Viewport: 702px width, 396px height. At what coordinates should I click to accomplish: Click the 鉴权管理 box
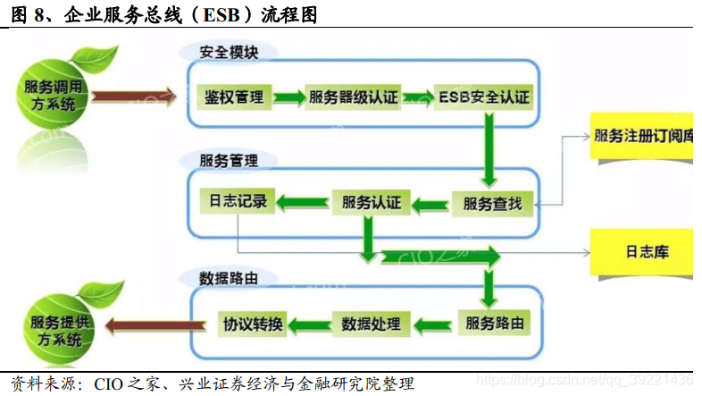(x=234, y=97)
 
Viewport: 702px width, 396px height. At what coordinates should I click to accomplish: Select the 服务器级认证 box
(x=353, y=97)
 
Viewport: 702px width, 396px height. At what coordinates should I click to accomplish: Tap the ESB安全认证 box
(x=484, y=97)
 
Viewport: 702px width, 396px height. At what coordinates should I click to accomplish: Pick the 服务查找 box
(x=492, y=203)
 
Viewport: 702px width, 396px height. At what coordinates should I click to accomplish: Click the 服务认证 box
(x=371, y=202)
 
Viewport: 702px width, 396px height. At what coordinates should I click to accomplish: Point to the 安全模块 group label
(x=230, y=53)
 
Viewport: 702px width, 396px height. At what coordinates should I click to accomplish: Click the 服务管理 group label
(x=230, y=161)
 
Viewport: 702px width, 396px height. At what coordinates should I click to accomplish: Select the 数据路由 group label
(x=230, y=278)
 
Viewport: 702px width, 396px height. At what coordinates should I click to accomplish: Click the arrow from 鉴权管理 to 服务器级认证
(x=288, y=97)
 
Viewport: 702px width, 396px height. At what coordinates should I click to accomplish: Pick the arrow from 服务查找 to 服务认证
(x=430, y=203)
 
